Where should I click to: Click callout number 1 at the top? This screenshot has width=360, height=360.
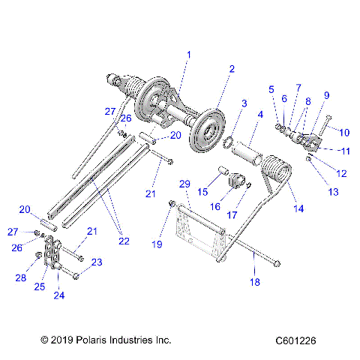pos(189,54)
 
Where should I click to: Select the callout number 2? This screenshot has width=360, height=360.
pos(232,68)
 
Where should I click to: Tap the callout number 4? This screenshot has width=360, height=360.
pos(260,115)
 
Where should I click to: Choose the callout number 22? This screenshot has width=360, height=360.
pos(124,241)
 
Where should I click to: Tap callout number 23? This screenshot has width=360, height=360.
pos(97,262)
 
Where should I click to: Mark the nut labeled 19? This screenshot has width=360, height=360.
pos(173,204)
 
